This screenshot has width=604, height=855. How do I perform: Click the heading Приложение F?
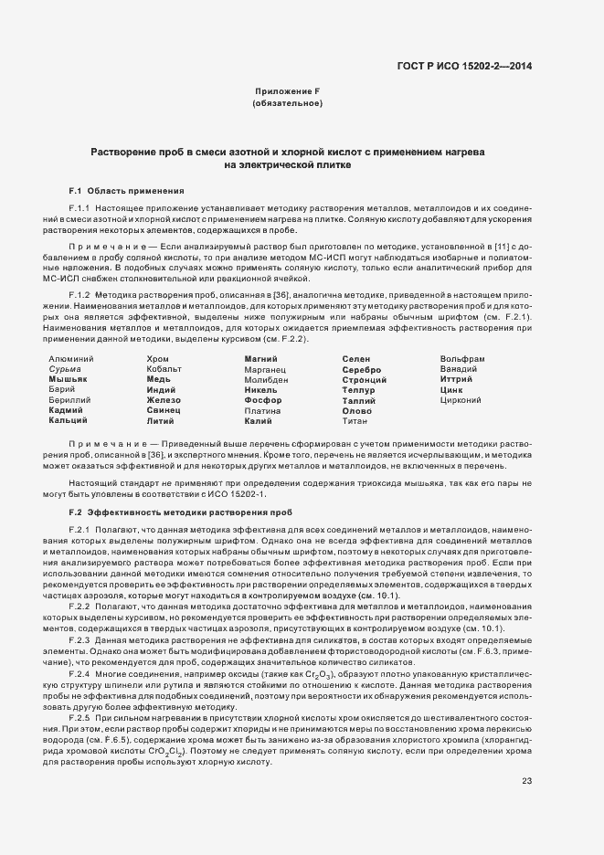pos(287,92)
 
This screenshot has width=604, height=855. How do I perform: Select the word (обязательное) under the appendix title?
pos(287,103)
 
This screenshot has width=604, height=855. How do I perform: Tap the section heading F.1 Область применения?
pos(127,190)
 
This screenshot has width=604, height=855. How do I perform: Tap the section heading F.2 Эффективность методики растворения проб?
pos(178,512)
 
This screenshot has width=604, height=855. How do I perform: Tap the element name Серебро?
pos(361,369)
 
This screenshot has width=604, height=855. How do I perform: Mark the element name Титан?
pos(355,421)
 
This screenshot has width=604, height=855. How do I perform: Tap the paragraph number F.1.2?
pos(83,297)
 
